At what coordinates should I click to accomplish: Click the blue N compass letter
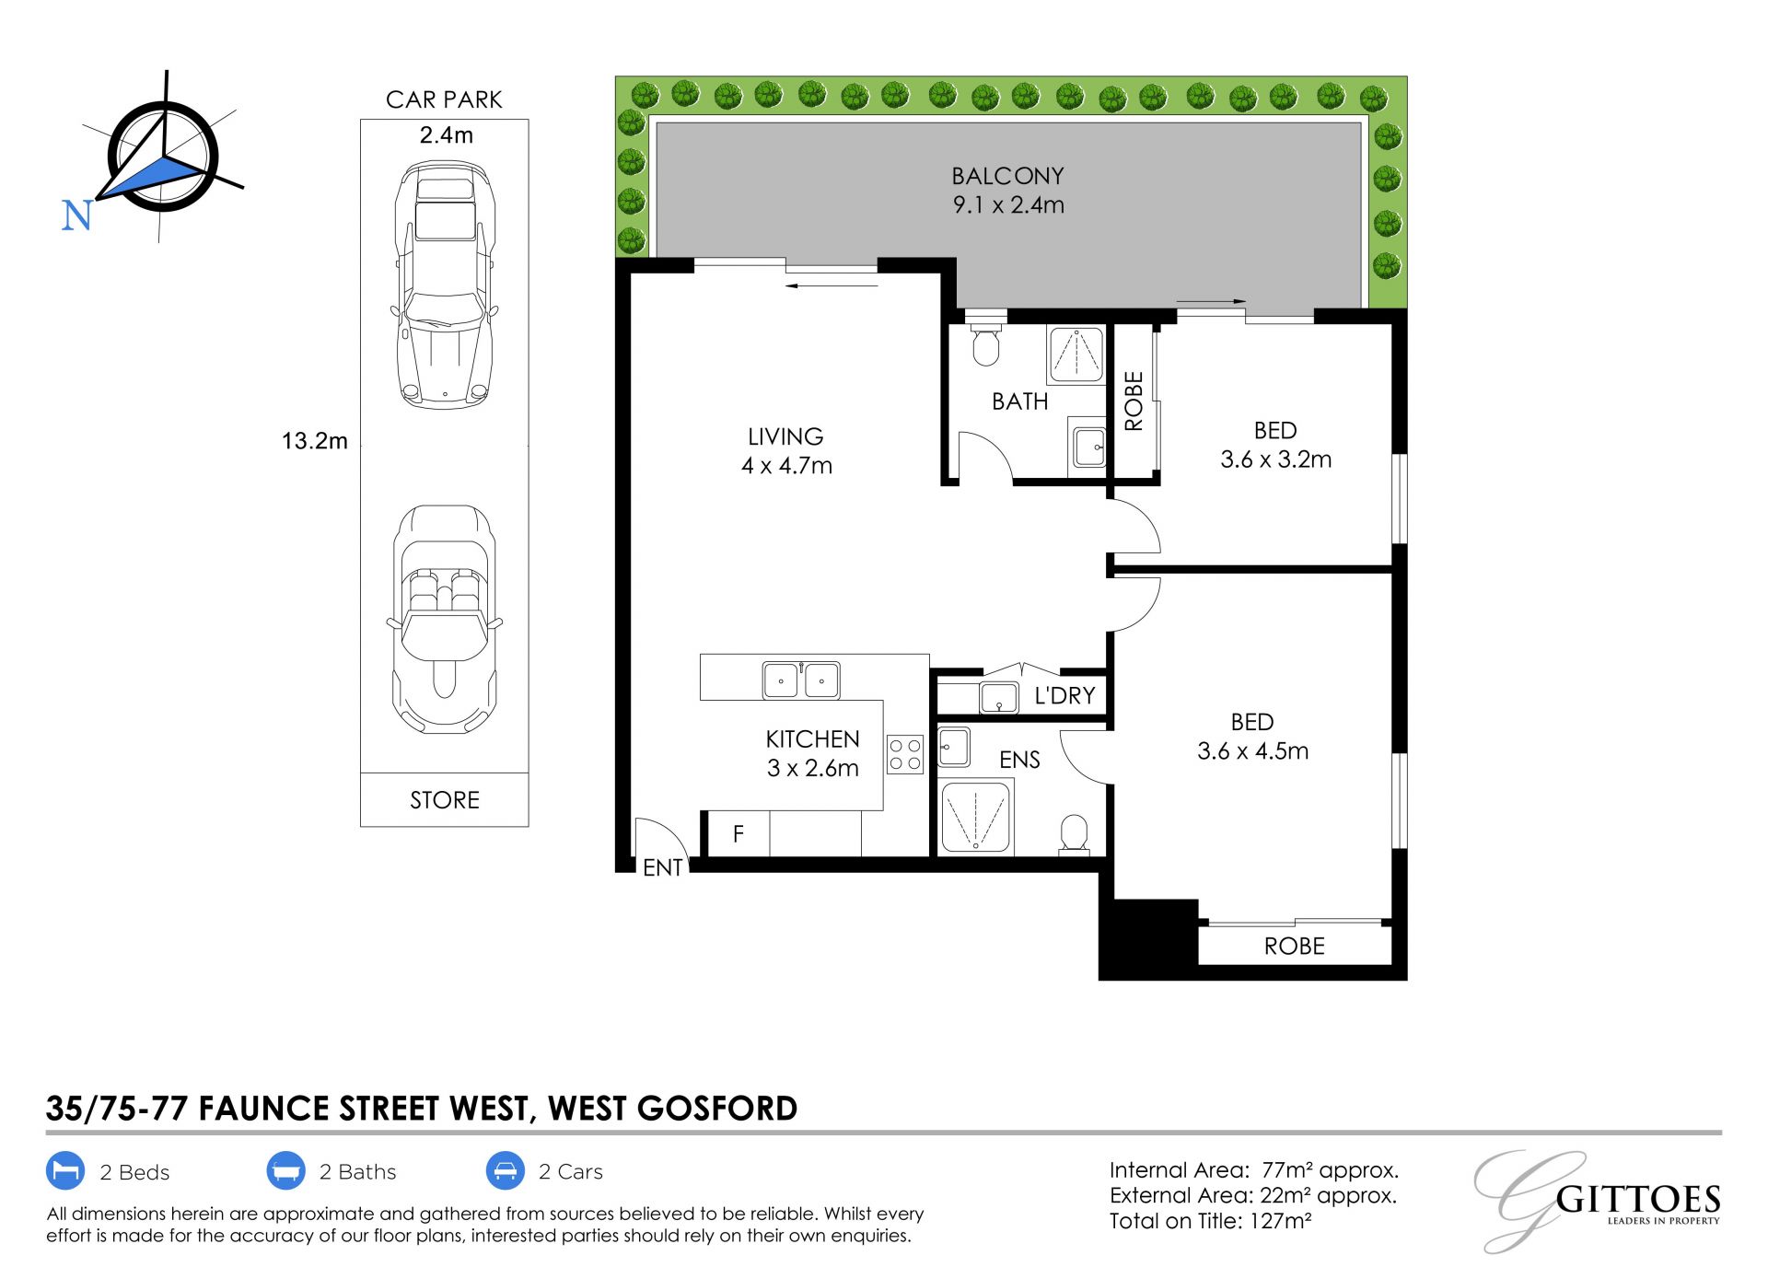coord(76,215)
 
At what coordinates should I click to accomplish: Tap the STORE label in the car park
coord(445,800)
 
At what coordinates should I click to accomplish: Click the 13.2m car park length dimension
coord(315,441)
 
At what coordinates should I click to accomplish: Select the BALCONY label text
coord(1007,176)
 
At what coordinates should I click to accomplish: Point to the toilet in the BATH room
coord(986,342)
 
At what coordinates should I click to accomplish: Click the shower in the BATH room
coord(1076,355)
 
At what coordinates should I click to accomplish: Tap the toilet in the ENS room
coord(1074,834)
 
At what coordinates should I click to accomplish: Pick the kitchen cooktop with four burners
coord(905,754)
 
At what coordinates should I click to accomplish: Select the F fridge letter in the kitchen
coord(739,834)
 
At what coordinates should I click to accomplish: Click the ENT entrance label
coord(663,867)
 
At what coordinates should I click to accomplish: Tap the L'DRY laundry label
coord(1064,695)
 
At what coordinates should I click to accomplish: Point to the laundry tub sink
coord(999,698)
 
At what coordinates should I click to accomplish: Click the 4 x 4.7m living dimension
coord(786,466)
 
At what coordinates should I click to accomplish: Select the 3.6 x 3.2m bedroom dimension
coord(1276,459)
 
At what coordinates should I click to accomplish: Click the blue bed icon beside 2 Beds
coord(65,1171)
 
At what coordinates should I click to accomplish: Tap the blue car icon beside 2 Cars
coord(506,1171)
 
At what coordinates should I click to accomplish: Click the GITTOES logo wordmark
coord(1638,1200)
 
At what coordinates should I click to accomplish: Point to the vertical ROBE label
coord(1134,401)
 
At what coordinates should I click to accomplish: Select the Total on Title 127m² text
coord(1211,1221)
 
